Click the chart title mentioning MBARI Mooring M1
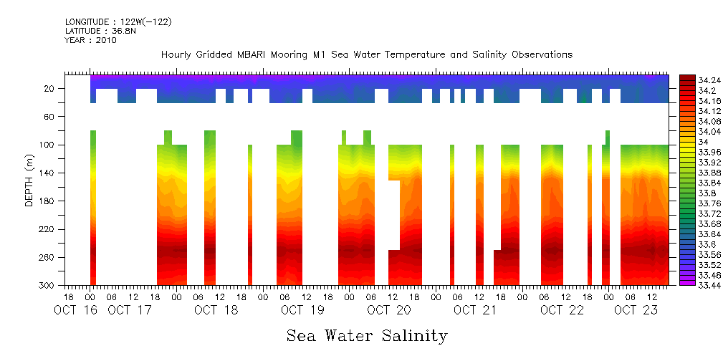click(366, 54)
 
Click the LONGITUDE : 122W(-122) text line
click(118, 22)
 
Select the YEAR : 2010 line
click(90, 40)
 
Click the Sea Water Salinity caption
click(367, 335)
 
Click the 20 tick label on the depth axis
click(50, 89)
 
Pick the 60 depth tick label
click(50, 117)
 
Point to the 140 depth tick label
click(47, 173)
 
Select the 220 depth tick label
click(47, 229)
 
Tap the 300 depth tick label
click(47, 286)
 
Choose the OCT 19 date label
click(302, 310)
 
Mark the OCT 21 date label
click(475, 310)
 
